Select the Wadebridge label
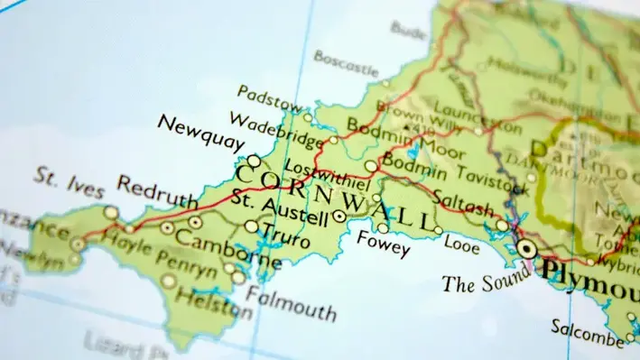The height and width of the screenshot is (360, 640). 263,126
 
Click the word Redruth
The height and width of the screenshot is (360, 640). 157,198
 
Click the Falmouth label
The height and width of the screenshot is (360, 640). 292,302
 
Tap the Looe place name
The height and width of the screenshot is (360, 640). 461,245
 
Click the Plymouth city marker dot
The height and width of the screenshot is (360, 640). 525,247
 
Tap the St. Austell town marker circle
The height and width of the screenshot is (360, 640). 339,217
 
